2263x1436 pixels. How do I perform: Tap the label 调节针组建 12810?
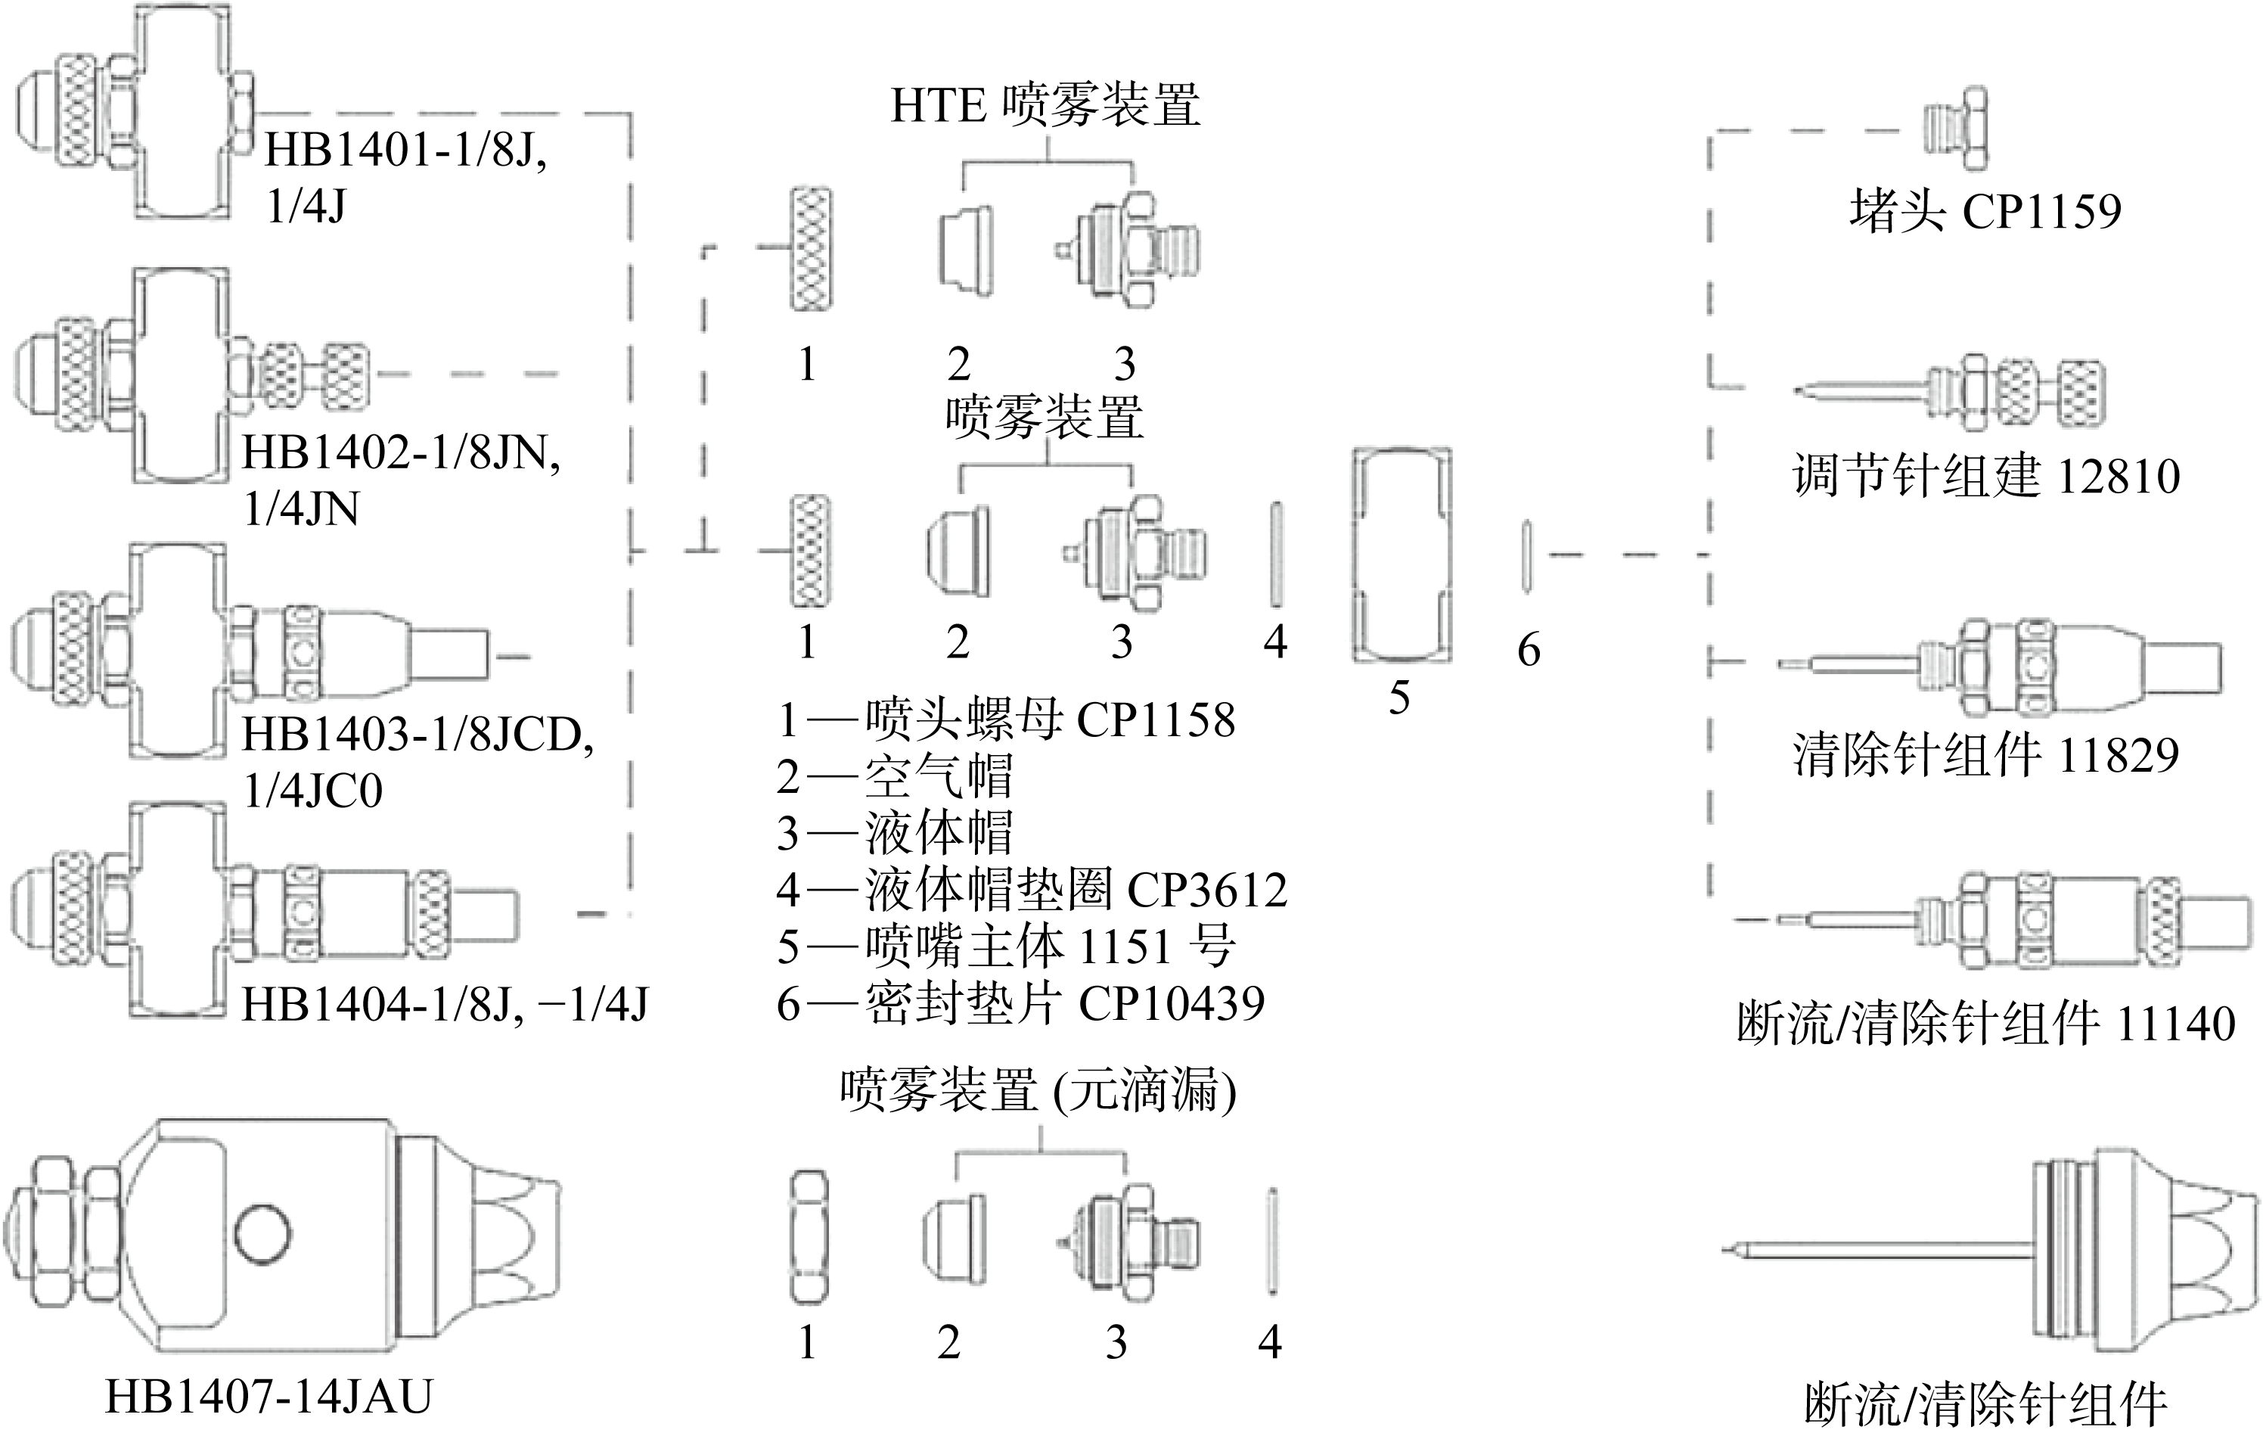pyautogui.click(x=1985, y=477)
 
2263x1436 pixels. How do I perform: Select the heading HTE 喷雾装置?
pyautogui.click(x=1045, y=105)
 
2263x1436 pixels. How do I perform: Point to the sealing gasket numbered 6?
pyautogui.click(x=1527, y=555)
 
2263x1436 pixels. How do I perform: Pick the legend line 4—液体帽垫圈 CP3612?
pyautogui.click(x=1031, y=889)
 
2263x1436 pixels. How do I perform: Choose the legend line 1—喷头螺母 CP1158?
pyautogui.click(x=1006, y=720)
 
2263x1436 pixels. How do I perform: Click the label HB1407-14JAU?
pyautogui.click(x=269, y=1397)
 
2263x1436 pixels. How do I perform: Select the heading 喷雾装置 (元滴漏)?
pyautogui.click(x=1038, y=1090)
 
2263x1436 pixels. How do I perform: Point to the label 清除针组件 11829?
pyautogui.click(x=1985, y=754)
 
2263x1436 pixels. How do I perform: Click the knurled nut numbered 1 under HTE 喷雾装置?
pyautogui.click(x=810, y=249)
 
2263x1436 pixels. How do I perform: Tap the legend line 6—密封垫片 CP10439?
pyautogui.click(x=1020, y=1004)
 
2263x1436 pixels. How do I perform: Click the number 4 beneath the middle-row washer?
pyautogui.click(x=1274, y=641)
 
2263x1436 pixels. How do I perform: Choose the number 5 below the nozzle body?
pyautogui.click(x=1399, y=698)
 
